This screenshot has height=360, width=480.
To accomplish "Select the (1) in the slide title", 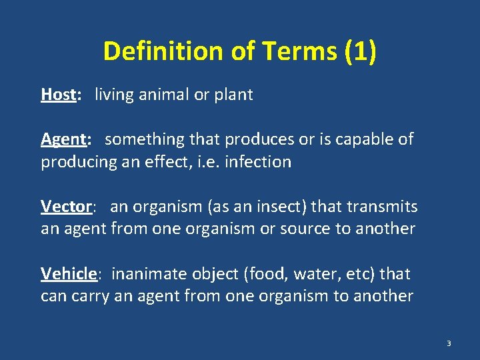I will point(361,52).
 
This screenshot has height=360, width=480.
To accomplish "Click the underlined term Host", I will point(58,95).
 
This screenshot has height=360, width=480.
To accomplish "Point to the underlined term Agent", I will point(63,139).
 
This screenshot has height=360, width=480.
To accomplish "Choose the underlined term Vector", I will point(65,207).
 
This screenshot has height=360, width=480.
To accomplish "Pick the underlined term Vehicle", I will point(69,273).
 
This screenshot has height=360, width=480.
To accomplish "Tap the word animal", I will point(165,95).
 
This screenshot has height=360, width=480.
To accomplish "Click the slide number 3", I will point(449,343).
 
